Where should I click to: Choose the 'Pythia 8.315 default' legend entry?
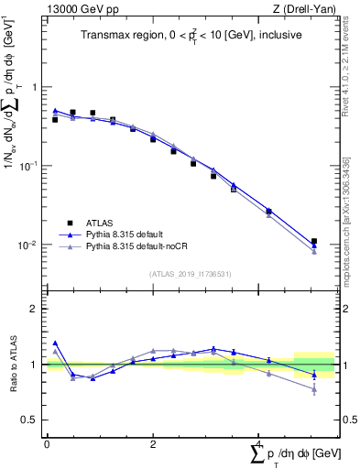point(126,234)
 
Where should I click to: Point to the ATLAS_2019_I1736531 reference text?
point(191,273)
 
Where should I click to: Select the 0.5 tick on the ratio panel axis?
point(31,420)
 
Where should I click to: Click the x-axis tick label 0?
point(47,444)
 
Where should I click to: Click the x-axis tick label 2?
point(153,444)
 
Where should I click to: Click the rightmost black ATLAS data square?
point(314,242)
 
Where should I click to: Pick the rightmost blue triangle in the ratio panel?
point(314,376)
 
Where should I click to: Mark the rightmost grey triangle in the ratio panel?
point(314,389)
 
